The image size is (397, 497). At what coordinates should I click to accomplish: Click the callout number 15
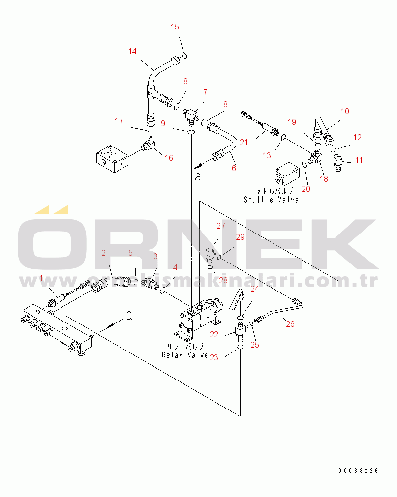(175, 27)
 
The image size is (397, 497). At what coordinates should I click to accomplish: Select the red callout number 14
(132, 51)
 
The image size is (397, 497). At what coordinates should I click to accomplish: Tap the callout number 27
(220, 226)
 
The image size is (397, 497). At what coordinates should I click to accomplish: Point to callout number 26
(290, 324)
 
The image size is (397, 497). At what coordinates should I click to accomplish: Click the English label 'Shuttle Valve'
(271, 200)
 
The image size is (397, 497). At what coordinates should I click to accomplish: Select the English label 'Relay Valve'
(184, 355)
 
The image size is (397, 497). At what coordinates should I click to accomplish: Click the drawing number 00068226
(358, 471)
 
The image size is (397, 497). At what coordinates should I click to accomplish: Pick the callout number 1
(41, 278)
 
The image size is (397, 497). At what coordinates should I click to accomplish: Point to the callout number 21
(244, 142)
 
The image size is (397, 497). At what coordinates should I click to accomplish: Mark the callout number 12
(357, 138)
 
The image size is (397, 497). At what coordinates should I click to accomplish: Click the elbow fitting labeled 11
(338, 162)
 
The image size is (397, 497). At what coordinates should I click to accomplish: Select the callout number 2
(104, 253)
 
